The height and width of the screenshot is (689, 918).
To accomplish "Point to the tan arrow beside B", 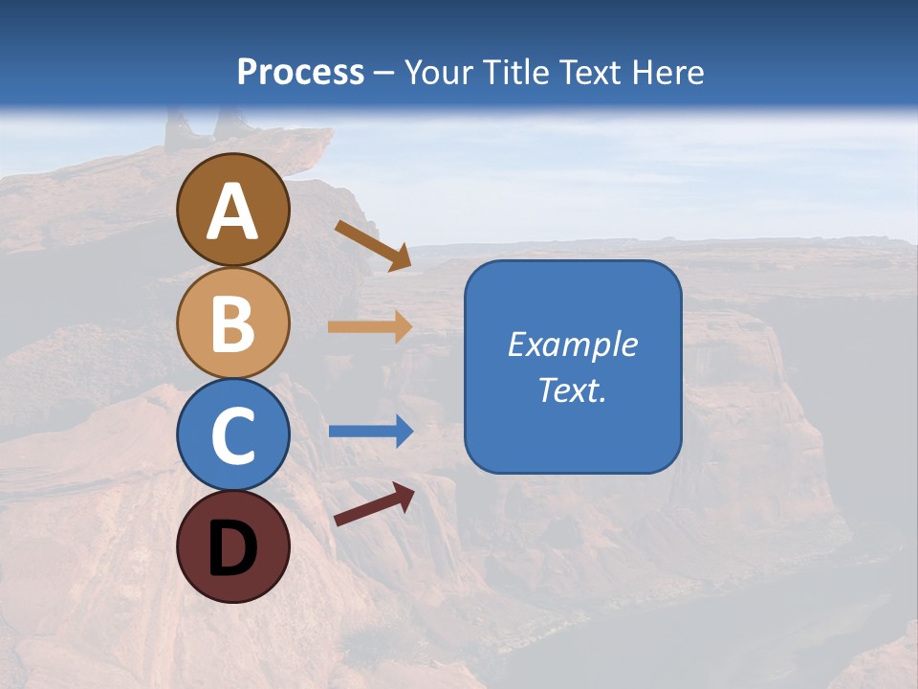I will pyautogui.click(x=370, y=327).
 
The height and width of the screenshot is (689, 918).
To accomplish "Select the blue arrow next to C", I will pyautogui.click(x=370, y=432).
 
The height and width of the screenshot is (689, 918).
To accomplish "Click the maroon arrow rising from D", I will pyautogui.click(x=374, y=504).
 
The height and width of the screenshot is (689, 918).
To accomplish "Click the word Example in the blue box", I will pyautogui.click(x=573, y=344).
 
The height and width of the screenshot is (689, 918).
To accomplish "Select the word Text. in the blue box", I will pyautogui.click(x=573, y=390).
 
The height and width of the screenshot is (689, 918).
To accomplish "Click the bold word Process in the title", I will pyautogui.click(x=300, y=72).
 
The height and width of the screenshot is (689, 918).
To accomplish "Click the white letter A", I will pyautogui.click(x=233, y=211).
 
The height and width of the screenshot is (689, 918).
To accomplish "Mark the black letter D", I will pyautogui.click(x=233, y=547).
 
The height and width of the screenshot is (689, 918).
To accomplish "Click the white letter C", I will pyautogui.click(x=233, y=435).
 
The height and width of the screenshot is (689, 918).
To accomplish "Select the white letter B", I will pyautogui.click(x=233, y=324).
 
